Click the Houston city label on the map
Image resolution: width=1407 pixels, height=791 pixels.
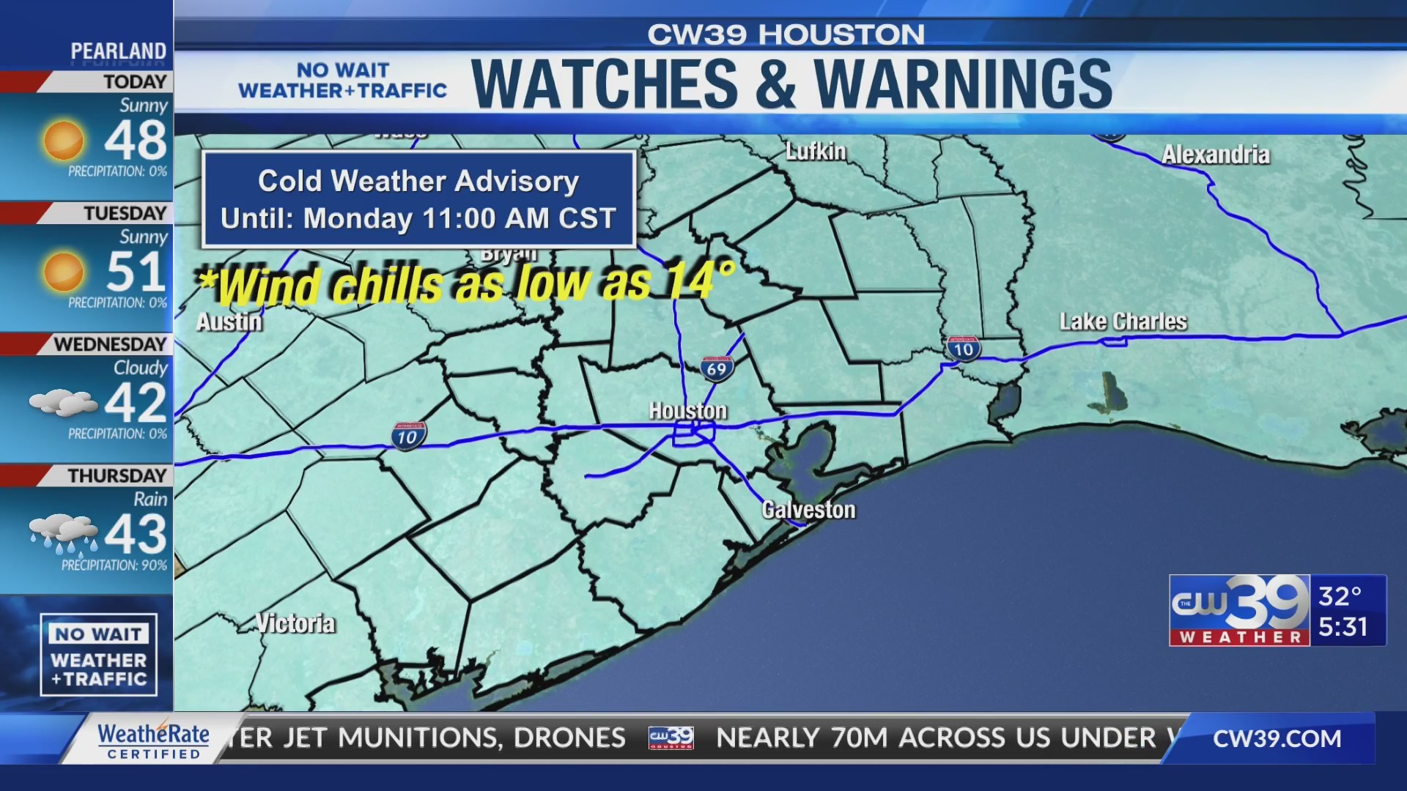687,411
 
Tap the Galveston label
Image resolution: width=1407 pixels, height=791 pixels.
808,510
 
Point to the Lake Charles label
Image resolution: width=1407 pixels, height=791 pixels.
1123,322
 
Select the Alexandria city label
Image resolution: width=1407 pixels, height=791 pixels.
1215,155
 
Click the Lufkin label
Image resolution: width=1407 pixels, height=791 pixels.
816,152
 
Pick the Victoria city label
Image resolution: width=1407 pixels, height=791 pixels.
295,623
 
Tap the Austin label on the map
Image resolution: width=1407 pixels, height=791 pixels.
229,322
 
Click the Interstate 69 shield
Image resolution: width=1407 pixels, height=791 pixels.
717,368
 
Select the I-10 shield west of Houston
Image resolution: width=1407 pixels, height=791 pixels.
407,436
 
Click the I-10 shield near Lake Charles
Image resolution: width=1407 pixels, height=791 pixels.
963,348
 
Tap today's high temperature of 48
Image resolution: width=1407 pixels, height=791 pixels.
136,141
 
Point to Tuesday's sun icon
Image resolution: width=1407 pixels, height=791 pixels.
64,272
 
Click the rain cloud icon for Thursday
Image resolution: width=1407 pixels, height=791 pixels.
64,534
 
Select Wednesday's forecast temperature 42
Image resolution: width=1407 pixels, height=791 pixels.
136,403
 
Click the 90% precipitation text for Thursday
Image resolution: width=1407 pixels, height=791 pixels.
114,565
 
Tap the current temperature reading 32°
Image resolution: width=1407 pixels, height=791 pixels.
1340,596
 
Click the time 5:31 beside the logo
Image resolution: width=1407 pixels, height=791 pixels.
1343,627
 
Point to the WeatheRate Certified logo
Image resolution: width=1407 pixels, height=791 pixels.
153,740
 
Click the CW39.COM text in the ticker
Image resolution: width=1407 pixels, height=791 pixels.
1277,738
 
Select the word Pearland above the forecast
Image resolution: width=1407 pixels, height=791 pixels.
118,51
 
